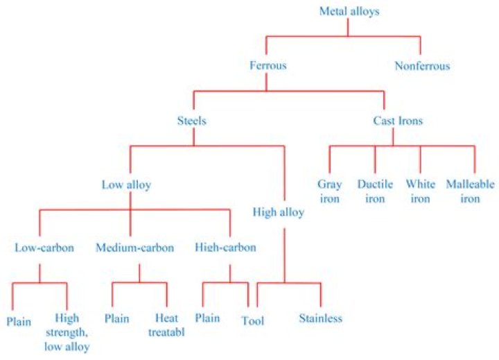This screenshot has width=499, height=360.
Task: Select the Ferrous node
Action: [x=268, y=66]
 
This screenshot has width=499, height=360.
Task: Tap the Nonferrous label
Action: [x=422, y=67]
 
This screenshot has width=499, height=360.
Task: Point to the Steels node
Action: [x=192, y=121]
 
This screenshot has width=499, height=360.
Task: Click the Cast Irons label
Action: [x=393, y=121]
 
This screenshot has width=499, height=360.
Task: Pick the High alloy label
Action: [x=278, y=212]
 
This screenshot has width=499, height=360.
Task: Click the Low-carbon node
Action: [x=40, y=247]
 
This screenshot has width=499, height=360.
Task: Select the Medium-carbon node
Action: [x=135, y=247]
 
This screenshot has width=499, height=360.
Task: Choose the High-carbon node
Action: [x=226, y=247]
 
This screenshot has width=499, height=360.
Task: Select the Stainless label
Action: [x=320, y=319]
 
